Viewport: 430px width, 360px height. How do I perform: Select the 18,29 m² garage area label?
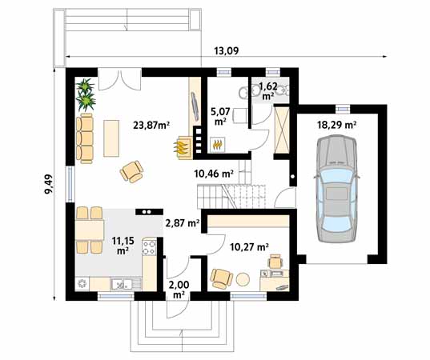(337, 125)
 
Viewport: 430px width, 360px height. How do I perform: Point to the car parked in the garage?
(336, 188)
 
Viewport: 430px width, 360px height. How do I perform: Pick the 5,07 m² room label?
(219, 116)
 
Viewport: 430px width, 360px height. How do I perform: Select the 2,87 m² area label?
(182, 224)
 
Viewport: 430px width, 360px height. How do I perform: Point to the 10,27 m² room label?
(249, 247)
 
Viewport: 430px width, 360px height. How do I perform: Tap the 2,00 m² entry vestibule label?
(179, 289)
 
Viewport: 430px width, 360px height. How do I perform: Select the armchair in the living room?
(131, 170)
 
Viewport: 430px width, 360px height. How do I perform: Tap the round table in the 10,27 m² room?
(243, 278)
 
